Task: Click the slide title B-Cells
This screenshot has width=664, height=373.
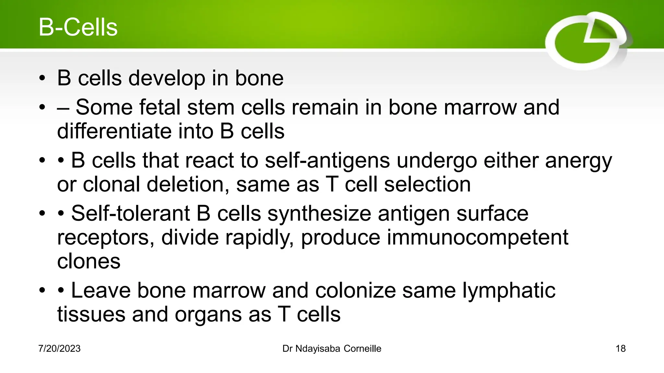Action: [78, 27]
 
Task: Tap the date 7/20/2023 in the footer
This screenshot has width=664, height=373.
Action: [59, 349]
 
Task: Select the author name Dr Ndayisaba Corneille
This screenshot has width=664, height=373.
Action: [332, 349]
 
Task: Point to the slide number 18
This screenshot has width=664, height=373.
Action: [620, 349]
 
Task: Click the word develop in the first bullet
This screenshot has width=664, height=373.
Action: [167, 79]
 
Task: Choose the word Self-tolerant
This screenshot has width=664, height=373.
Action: [130, 214]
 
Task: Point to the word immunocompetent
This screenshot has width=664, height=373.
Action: [477, 238]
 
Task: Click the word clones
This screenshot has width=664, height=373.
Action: [89, 262]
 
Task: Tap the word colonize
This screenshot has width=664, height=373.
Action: [355, 290]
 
